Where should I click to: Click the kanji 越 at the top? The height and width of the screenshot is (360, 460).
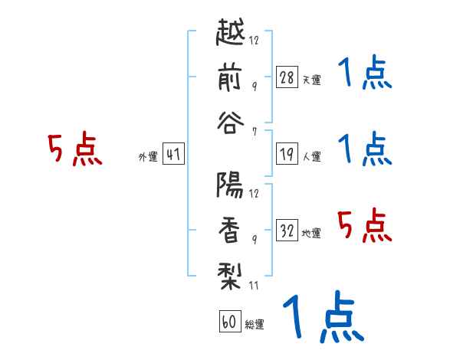[230, 31]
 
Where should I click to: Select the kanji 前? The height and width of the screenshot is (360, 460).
[230, 77]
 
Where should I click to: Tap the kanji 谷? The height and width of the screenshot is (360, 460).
[230, 123]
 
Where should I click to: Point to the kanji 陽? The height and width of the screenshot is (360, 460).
[230, 185]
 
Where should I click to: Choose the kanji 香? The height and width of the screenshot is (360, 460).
[229, 230]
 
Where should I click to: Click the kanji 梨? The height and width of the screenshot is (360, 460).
[229, 276]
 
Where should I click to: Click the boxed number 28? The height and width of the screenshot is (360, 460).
[287, 77]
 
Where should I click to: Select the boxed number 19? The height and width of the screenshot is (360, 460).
[287, 154]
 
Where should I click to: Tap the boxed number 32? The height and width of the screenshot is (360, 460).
[287, 230]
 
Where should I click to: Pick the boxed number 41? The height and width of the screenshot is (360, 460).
[173, 154]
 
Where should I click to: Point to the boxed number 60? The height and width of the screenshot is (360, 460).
[230, 321]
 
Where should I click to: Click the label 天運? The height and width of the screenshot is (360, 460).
[312, 80]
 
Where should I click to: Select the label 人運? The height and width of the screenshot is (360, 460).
[312, 156]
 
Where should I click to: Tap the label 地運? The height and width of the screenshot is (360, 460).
[311, 233]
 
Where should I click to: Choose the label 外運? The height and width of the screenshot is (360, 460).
[148, 157]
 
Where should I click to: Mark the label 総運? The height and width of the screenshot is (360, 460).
[255, 324]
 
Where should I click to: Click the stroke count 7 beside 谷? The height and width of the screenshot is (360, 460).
[255, 132]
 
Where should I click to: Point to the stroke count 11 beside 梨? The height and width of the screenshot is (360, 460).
[254, 285]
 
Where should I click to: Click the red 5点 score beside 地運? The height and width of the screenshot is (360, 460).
[365, 225]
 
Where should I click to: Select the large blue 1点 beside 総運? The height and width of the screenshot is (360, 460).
[324, 316]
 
